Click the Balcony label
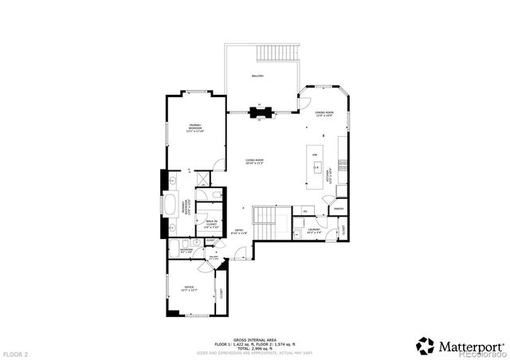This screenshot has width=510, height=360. point(257,76)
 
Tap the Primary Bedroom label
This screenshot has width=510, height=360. point(195,127)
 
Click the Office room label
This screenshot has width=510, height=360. point(190,288)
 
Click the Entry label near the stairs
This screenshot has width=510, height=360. point(239,232)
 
